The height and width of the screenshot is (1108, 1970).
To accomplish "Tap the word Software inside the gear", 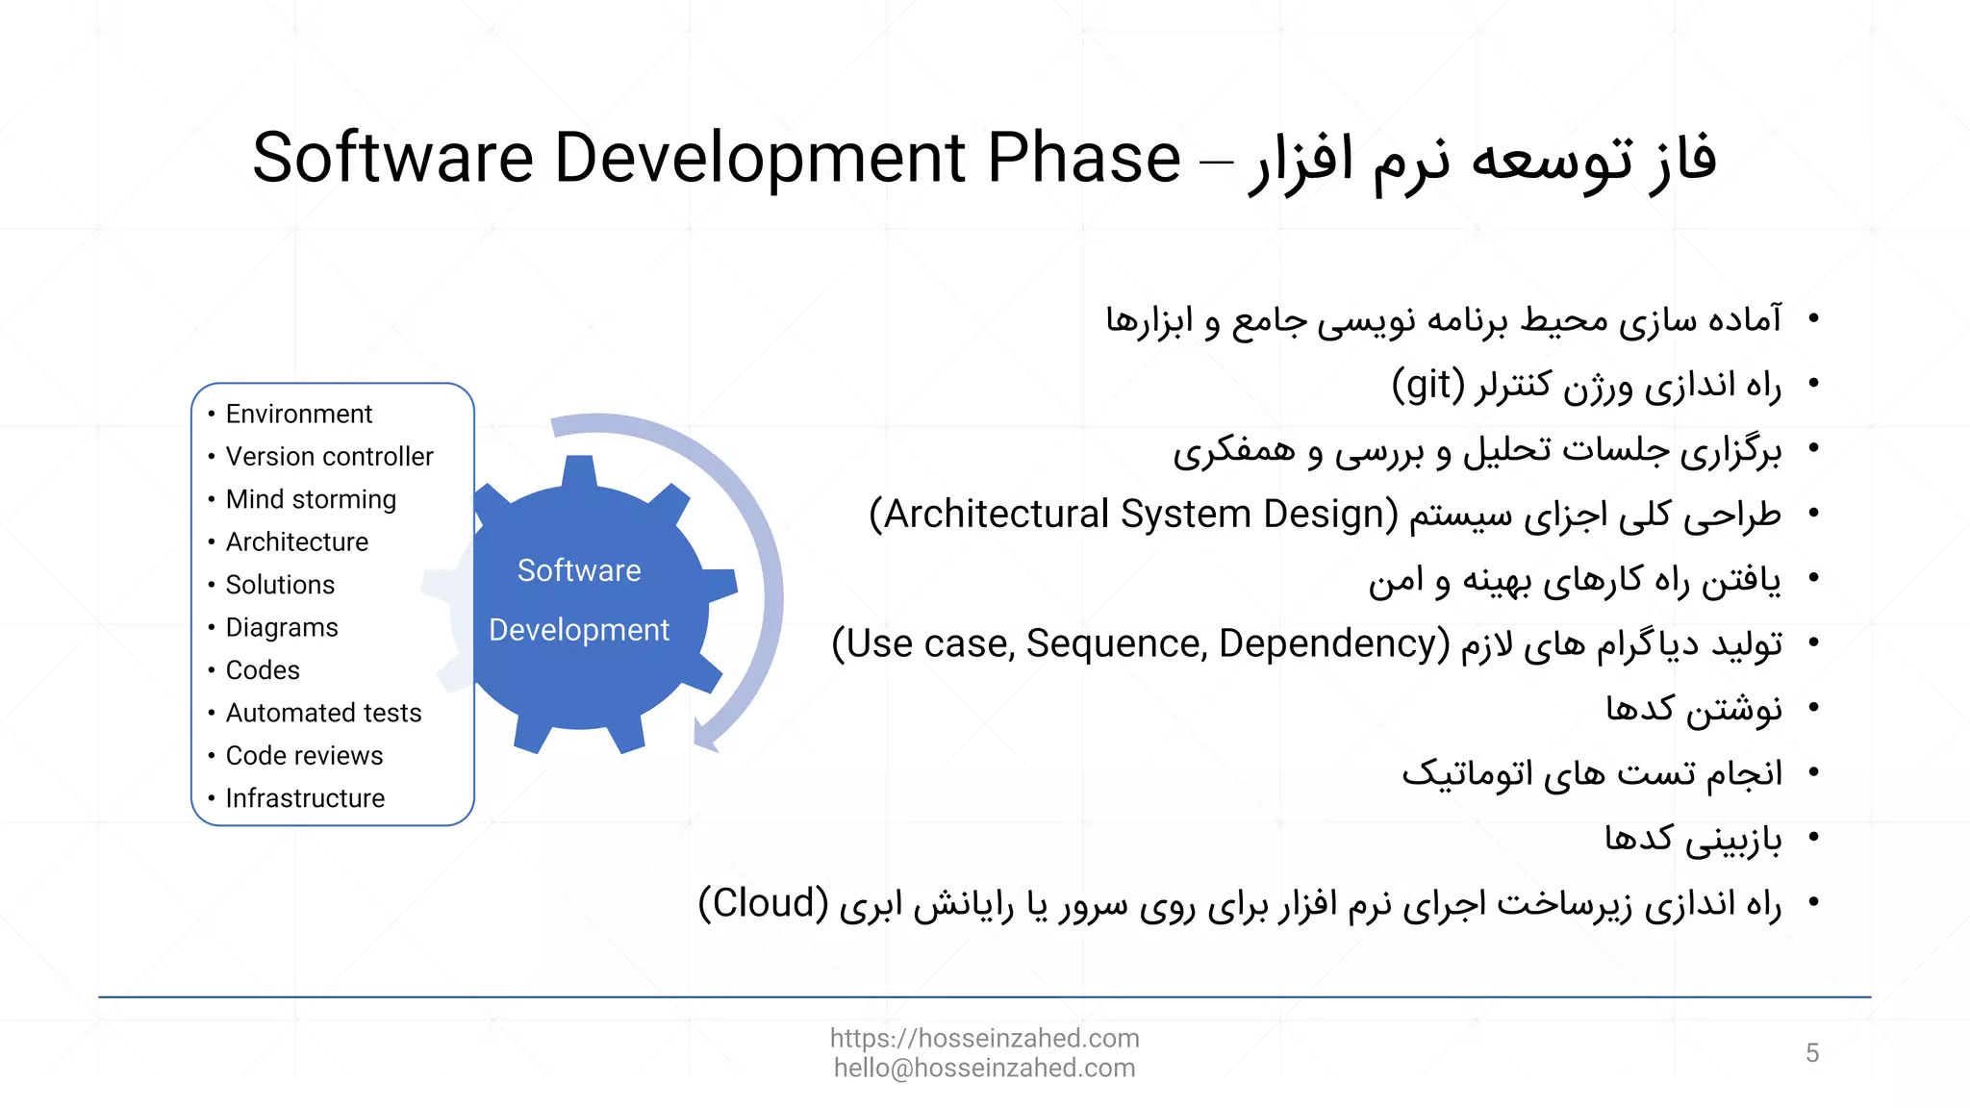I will pos(579,570).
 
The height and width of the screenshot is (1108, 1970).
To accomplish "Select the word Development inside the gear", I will pos(579,630).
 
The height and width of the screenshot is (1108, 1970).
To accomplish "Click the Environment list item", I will pos(298,415).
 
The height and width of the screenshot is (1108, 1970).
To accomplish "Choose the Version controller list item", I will pos(329,457).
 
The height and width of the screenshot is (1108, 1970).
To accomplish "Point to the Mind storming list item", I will pos(311,500).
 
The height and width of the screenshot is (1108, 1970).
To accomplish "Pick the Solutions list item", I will pos(280,585).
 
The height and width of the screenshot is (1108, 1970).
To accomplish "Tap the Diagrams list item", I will pos(282,628).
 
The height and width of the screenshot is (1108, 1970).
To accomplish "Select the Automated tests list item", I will pos(323,714).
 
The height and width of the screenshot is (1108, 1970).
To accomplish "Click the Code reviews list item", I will pos(304,756).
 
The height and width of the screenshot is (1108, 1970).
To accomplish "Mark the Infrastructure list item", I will pos(305,798).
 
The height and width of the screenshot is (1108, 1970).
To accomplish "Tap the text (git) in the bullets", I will pos(1427,386).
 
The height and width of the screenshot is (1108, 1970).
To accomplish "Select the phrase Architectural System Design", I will pos(1133,515).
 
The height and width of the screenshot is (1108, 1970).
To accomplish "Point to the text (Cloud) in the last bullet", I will pos(763,903).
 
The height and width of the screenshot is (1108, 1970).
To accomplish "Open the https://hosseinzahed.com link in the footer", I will pos(984,1039).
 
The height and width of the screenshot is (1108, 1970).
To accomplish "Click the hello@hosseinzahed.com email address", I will pos(984,1069).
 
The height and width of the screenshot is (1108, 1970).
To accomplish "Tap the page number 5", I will pos(1812,1053).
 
